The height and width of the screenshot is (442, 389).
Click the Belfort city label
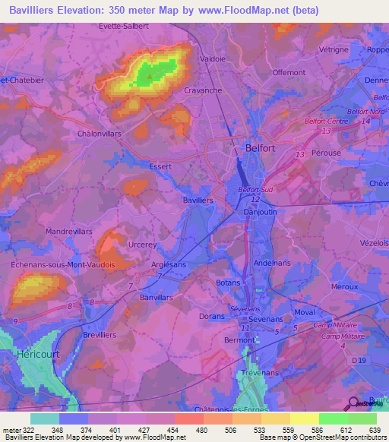[260, 149]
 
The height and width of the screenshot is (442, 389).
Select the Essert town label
[160, 166]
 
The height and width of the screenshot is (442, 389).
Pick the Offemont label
[288, 73]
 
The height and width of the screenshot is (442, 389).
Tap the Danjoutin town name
[259, 213]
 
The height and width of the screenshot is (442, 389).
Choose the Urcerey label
[143, 245]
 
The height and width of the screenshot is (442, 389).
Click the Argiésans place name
[169, 264]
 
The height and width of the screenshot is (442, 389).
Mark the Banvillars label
[157, 298]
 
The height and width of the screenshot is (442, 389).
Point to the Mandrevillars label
[68, 230]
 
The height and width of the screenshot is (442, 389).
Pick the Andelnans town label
[272, 263]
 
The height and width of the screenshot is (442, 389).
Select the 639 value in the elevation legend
[375, 429]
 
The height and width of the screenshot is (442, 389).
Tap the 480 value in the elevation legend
[203, 429]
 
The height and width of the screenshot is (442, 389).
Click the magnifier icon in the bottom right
[354, 403]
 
